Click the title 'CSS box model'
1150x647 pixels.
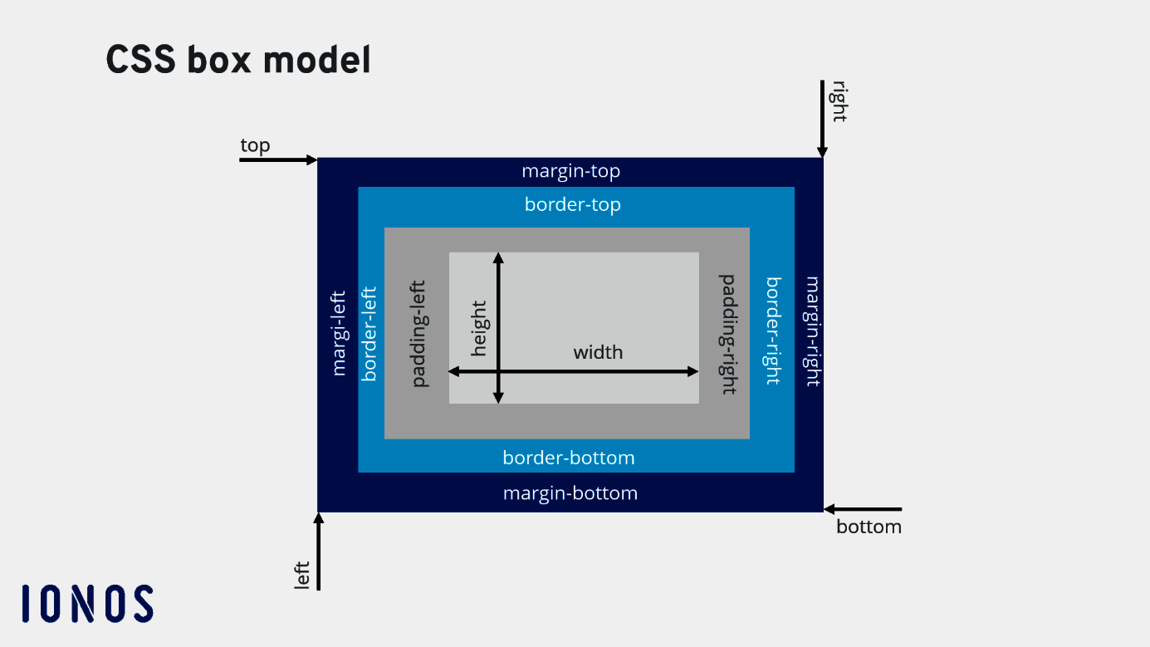pos(238,61)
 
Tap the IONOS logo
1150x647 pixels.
pos(88,604)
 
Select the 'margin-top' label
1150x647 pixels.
pos(570,172)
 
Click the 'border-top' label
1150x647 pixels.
pos(572,204)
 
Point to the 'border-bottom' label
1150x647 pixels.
pos(568,458)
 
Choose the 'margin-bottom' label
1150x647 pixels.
pos(570,493)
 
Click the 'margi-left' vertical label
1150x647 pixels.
pos(338,333)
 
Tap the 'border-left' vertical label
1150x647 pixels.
pos(369,333)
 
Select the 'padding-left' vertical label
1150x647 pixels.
pos(419,333)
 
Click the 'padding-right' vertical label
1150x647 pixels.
pos(728,334)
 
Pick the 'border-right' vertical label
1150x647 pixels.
pos(773,331)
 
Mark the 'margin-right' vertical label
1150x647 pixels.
pos(812,331)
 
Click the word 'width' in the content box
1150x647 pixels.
pos(598,352)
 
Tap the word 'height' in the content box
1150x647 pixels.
pos(479,328)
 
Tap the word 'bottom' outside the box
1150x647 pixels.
pos(869,527)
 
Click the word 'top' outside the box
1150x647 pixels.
pos(255,146)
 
